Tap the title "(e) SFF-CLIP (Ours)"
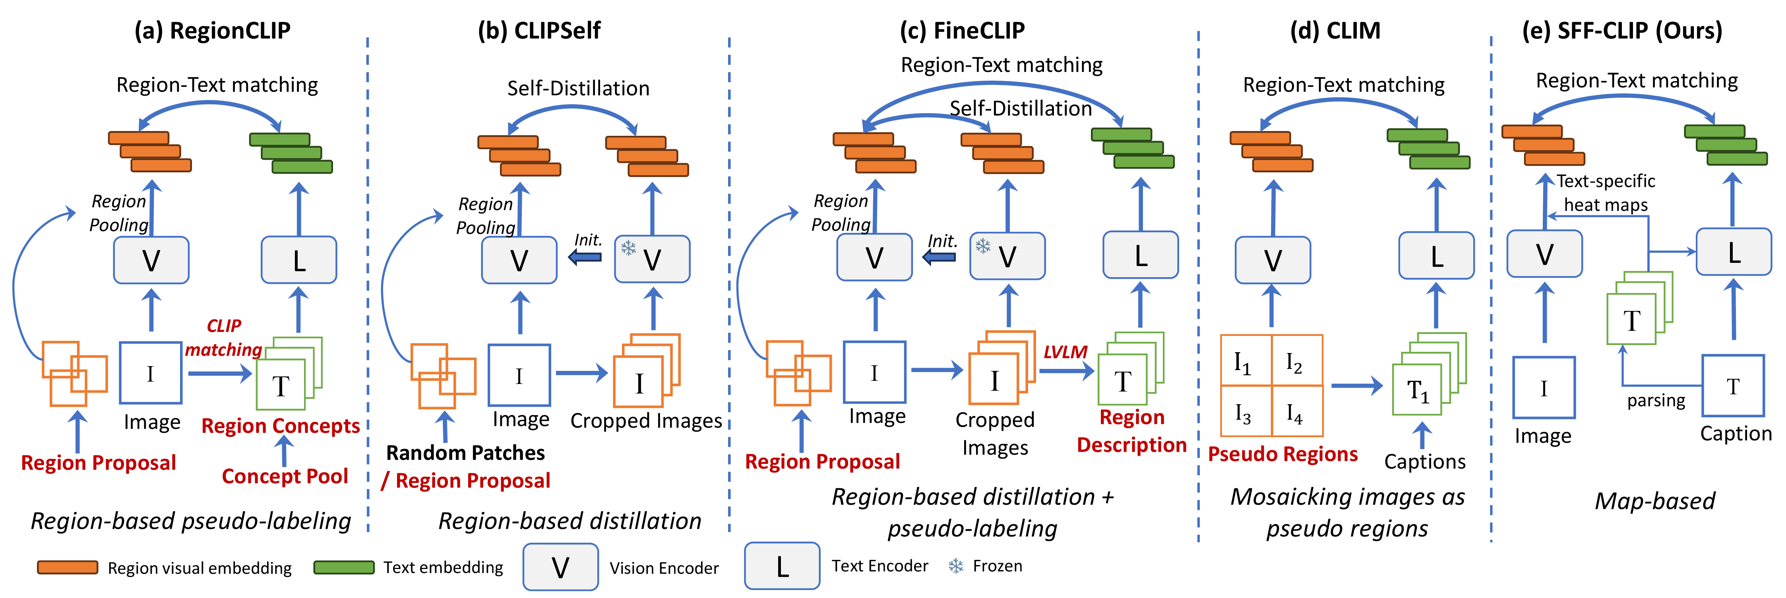[x=1622, y=31]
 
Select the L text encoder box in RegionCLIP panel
[x=299, y=260]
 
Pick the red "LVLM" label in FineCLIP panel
[x=1065, y=352]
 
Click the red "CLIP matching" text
[x=224, y=338]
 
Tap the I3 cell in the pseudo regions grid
[x=1246, y=411]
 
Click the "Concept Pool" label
[x=285, y=476]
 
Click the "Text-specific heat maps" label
[x=1606, y=193]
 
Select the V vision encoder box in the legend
[x=560, y=567]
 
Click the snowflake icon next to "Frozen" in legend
[x=956, y=566]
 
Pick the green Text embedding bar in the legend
[x=344, y=567]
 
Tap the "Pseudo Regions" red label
[x=1282, y=454]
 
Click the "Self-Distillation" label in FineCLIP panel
[x=1021, y=108]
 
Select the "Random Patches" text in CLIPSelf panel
[x=465, y=453]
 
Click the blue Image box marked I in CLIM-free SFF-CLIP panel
[x=1544, y=387]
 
